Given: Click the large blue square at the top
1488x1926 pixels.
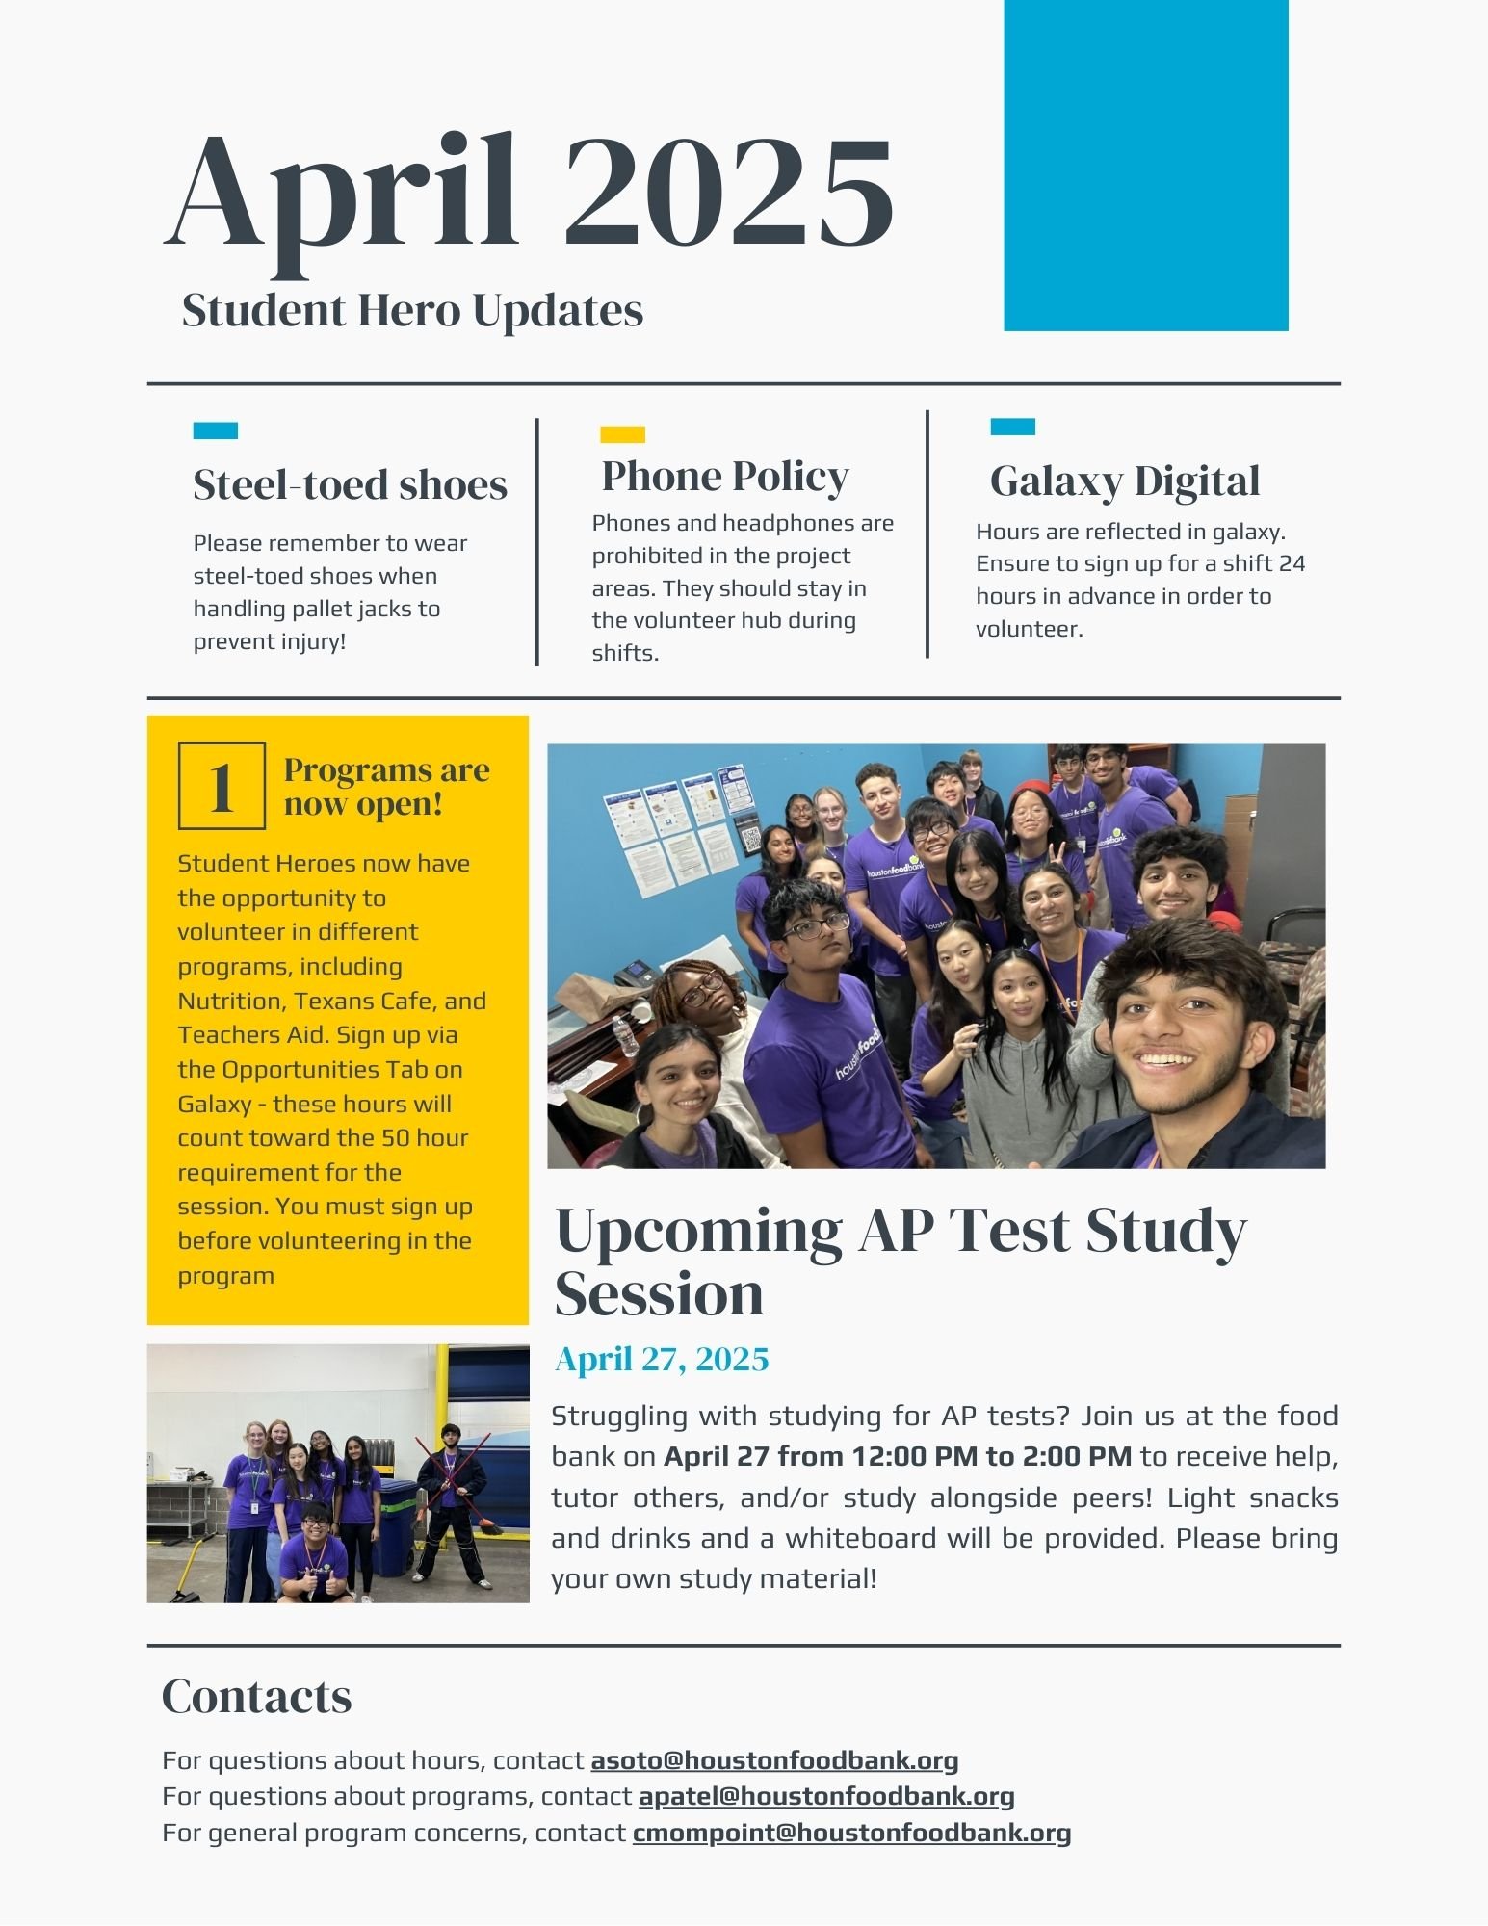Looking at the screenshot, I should click(1145, 166).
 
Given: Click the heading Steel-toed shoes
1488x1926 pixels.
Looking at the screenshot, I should click(350, 484).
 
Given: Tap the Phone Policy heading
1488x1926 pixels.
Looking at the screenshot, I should click(724, 476).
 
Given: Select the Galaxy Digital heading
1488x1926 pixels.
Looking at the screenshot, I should click(1124, 481).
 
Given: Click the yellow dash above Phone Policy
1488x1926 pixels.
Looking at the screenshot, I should click(622, 434).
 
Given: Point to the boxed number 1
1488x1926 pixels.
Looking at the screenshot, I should click(222, 786).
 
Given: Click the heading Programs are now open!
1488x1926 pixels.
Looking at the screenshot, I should click(386, 786).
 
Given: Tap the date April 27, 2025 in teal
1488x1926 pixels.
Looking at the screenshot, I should click(662, 1359).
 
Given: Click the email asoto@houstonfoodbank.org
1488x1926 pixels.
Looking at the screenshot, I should click(774, 1760).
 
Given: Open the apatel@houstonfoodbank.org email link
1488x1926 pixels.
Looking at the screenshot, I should click(826, 1796).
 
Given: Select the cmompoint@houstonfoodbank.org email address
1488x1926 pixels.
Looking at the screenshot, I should click(851, 1832).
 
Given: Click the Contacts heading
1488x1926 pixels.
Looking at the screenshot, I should click(256, 1697).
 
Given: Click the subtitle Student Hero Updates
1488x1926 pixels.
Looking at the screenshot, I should click(412, 310).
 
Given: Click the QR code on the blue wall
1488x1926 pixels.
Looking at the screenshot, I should click(750, 837).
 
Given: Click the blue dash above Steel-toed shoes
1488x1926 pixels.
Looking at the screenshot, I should click(215, 430).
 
